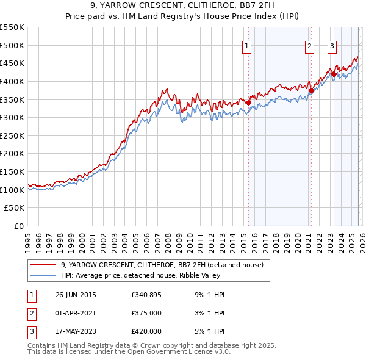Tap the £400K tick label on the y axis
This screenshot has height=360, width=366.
(12, 81)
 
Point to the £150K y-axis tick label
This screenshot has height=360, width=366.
(12, 171)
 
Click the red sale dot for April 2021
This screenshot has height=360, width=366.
(311, 91)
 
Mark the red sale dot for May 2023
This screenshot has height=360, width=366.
(334, 74)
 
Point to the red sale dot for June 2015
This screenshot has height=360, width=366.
(248, 103)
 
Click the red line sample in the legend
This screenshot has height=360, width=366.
(43, 265)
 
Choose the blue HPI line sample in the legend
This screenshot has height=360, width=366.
(43, 275)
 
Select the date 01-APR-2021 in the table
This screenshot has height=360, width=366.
(76, 313)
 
